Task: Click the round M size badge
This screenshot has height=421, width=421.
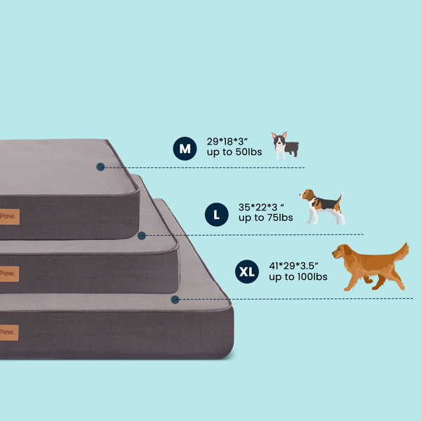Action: pos(185,149)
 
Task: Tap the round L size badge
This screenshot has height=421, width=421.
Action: pos(216,215)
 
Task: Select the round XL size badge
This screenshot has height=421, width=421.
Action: pos(247,272)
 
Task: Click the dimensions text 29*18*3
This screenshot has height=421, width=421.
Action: pos(227,142)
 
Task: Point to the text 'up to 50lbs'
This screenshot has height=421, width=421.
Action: pos(234,152)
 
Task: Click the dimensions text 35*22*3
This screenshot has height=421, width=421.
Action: pos(261,207)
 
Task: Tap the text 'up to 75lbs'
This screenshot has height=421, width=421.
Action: pos(265,218)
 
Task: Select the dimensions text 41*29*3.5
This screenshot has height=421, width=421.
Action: pos(293,266)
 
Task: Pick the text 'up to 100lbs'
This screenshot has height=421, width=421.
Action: pos(298,277)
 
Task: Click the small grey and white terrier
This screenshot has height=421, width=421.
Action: pos(285,145)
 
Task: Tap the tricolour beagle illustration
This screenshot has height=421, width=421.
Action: pos(323,206)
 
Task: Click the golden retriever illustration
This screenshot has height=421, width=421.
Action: pos(370,267)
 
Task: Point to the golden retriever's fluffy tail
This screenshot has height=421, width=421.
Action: pos(401,252)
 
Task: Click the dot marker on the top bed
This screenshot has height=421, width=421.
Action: pos(100,167)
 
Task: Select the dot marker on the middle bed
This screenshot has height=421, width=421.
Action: pos(142,236)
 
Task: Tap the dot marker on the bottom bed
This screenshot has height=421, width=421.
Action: pos(175,300)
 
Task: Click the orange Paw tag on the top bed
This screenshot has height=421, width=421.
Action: pos(10,217)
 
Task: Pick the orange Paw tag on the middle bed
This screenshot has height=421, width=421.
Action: pos(9,274)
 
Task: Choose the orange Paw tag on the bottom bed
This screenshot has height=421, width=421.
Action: pos(9,333)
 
